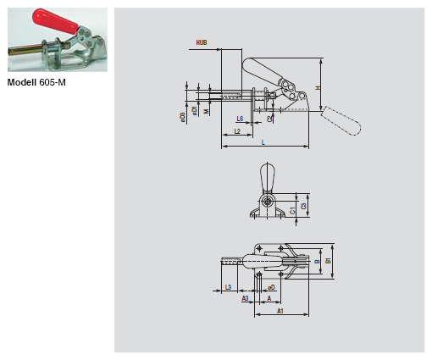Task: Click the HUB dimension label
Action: click(x=202, y=42)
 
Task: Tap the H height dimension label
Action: click(x=318, y=87)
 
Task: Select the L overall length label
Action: click(x=263, y=142)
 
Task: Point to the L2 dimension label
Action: click(x=237, y=131)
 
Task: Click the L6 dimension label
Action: click(x=241, y=118)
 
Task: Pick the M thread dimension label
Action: click(x=206, y=111)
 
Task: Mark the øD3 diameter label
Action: click(x=182, y=116)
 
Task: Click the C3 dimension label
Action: click(x=303, y=206)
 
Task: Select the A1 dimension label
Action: click(x=280, y=311)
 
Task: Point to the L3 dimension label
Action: click(x=229, y=288)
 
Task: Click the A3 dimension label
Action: click(x=245, y=298)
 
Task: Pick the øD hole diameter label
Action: click(x=271, y=288)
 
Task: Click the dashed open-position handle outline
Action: click(x=343, y=122)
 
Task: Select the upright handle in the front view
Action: click(x=268, y=178)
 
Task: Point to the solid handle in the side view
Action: click(x=259, y=70)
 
